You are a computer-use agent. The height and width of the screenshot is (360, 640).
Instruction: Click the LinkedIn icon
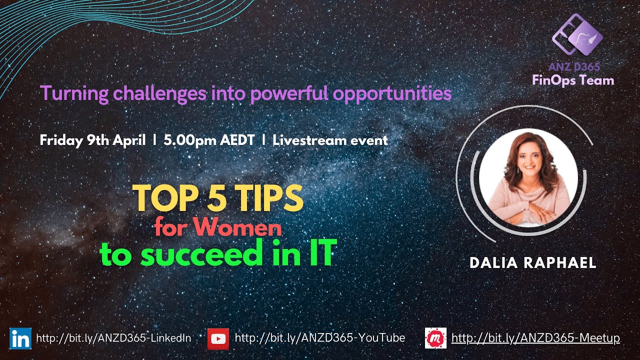[x=20, y=338]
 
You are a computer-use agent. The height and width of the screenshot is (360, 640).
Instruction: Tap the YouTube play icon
[x=218, y=338]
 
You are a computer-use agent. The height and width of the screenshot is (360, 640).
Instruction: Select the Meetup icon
[x=435, y=338]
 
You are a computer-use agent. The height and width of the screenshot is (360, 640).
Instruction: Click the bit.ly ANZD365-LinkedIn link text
[x=113, y=338]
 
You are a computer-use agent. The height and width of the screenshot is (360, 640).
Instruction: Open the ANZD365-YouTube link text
[x=320, y=338]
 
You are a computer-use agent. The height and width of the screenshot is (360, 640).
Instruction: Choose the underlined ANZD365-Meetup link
[x=535, y=338]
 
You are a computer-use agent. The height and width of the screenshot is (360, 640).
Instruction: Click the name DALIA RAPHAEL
[x=533, y=263]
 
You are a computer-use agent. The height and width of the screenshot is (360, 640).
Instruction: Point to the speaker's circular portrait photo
[x=528, y=178]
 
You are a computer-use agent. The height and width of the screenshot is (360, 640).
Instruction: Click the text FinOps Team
[x=573, y=80]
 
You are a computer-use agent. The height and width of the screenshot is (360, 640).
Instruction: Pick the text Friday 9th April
[x=92, y=140]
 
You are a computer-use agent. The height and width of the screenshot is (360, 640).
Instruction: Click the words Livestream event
[x=330, y=140]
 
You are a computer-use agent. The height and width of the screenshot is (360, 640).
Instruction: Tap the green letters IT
[x=318, y=254]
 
